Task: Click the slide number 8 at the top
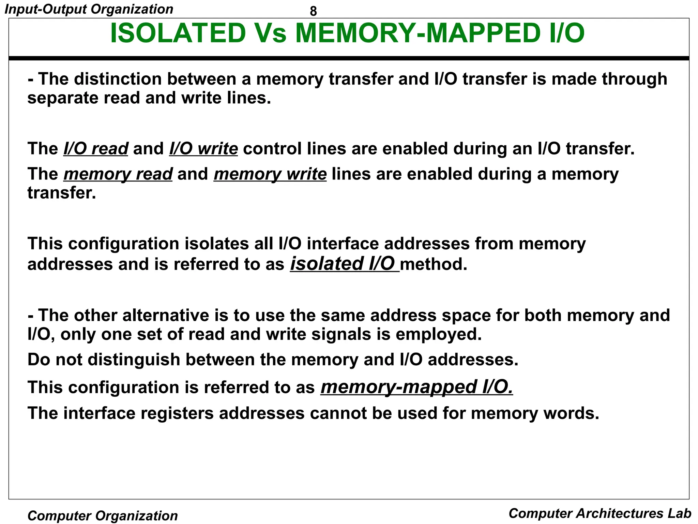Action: [x=313, y=11]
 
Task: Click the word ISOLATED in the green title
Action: [x=178, y=33]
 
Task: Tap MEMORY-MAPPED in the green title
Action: [x=417, y=33]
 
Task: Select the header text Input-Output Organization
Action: [x=89, y=9]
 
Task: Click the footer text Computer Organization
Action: [x=103, y=515]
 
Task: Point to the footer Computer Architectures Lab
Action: [x=600, y=513]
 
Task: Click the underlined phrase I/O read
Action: [x=96, y=149]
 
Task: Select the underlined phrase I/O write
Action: [x=203, y=149]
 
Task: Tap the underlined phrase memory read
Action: [x=118, y=174]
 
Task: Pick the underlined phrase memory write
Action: [x=270, y=174]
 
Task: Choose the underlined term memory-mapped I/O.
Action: [x=416, y=387]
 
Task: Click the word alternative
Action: [x=165, y=315]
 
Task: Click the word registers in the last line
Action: [x=177, y=413]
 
